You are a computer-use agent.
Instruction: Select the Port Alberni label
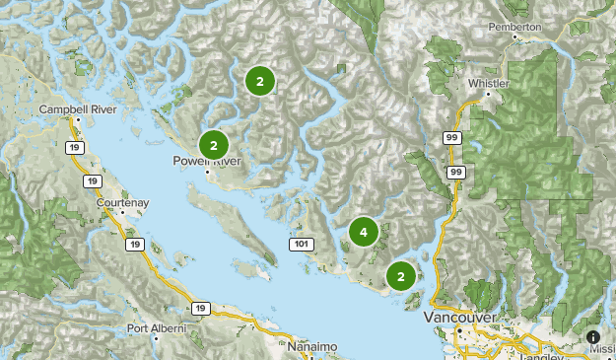click(x=155, y=328)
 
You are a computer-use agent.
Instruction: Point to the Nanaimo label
click(x=313, y=347)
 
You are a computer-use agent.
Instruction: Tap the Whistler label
click(x=490, y=85)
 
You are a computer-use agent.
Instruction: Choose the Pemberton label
click(x=518, y=28)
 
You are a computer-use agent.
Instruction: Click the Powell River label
click(x=206, y=161)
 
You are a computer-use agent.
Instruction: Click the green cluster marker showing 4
click(x=364, y=233)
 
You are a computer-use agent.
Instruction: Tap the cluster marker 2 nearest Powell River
click(x=214, y=146)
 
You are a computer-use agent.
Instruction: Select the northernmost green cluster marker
click(x=259, y=82)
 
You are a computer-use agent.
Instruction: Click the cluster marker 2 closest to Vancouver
click(x=400, y=277)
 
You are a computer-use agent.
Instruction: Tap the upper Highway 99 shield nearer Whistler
click(x=452, y=139)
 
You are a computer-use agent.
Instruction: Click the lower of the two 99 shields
click(x=455, y=173)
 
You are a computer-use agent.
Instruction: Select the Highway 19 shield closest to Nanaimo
click(x=200, y=309)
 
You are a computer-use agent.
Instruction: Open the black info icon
click(x=593, y=337)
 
